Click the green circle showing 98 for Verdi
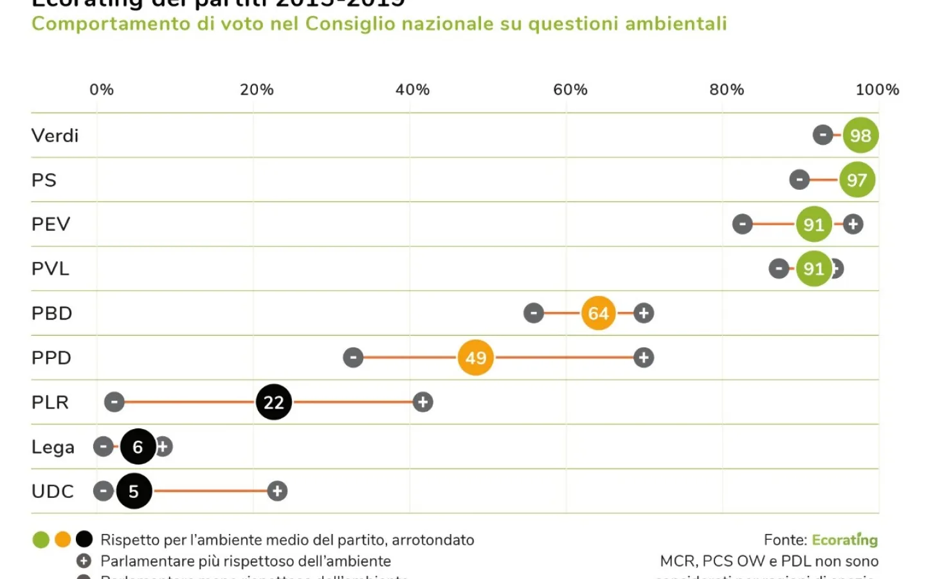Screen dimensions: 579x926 [860, 135]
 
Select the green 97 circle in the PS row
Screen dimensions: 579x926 [857, 179]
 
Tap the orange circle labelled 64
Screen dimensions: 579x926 [598, 313]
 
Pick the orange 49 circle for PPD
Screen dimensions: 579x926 [476, 358]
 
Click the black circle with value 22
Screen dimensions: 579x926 [274, 402]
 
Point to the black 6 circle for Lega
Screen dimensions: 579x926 [138, 446]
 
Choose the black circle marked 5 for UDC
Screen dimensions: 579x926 [134, 491]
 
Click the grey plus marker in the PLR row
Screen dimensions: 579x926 [422, 402]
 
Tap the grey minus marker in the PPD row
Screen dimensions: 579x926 [353, 358]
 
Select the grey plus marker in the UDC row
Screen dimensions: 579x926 [277, 491]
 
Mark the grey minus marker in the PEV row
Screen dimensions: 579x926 [742, 224]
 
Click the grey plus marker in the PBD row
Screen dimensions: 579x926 [644, 313]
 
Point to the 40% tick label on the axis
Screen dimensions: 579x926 [412, 89]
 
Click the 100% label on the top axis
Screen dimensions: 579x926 [877, 89]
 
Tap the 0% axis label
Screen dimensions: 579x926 [102, 89]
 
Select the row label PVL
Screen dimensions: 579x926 [50, 268]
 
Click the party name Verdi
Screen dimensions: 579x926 [55, 135]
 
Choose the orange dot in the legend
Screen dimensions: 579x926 [62, 539]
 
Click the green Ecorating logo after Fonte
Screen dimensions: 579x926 [844, 540]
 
